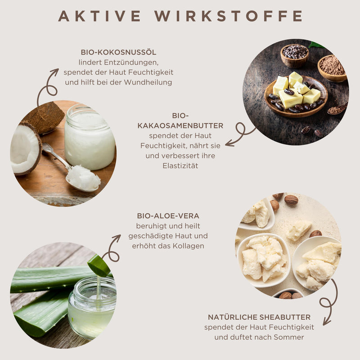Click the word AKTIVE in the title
pos(99,16)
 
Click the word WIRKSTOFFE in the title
pos(229,16)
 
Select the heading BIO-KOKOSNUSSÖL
pos(118,52)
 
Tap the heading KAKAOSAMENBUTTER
pos(180,126)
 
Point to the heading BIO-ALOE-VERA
pos(168,216)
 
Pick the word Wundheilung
pos(148,82)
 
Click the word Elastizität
pos(180,166)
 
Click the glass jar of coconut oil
pos(90,137)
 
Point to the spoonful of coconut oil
pos(83,178)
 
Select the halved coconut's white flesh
pos(25,149)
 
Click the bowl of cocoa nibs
pos(295,55)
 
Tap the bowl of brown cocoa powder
pos(332,68)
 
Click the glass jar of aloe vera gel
pos(92,308)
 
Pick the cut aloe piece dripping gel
pos(99,265)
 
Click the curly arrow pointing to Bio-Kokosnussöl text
pos(47,87)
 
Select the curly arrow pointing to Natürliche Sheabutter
pos(329,302)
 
